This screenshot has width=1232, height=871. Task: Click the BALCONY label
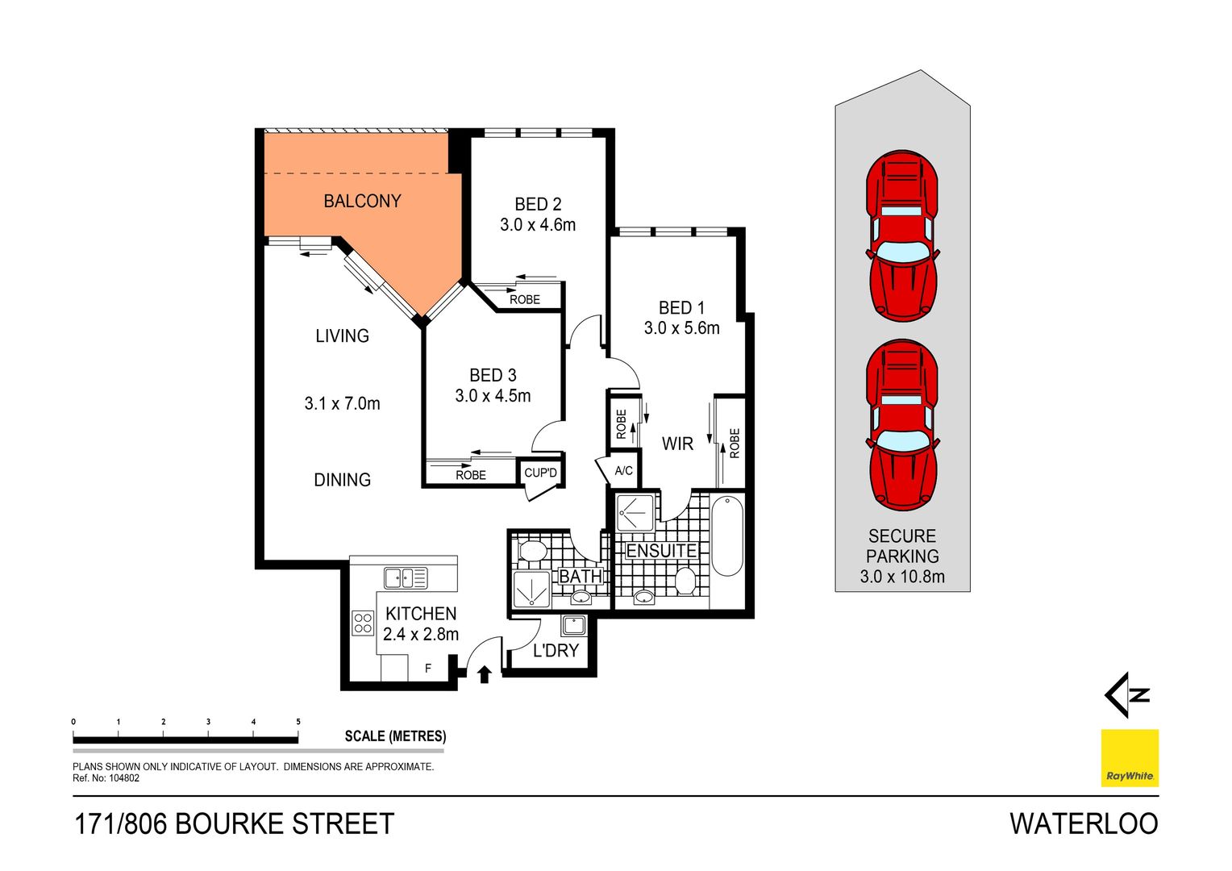[362, 201]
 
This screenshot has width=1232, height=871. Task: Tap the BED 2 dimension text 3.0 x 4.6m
[538, 225]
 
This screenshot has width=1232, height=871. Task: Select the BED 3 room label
[493, 375]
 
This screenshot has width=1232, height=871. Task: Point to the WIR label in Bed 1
[677, 444]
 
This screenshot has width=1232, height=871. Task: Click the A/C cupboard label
[623, 471]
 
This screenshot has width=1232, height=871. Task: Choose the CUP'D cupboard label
[540, 473]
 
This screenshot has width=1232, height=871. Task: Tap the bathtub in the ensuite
[726, 537]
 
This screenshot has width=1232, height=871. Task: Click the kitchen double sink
[406, 577]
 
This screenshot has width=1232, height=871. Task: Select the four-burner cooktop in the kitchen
[363, 623]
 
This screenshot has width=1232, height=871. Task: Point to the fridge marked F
[428, 669]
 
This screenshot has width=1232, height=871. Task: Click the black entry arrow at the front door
[484, 674]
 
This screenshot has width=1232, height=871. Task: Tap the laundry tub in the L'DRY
[573, 624]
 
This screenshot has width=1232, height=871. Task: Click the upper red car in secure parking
[902, 235]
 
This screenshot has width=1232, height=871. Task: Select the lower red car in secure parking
[902, 425]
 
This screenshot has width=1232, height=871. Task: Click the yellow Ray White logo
[1130, 758]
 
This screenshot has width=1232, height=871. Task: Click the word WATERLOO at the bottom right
[1084, 824]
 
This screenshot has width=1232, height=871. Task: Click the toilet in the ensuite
[685, 581]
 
